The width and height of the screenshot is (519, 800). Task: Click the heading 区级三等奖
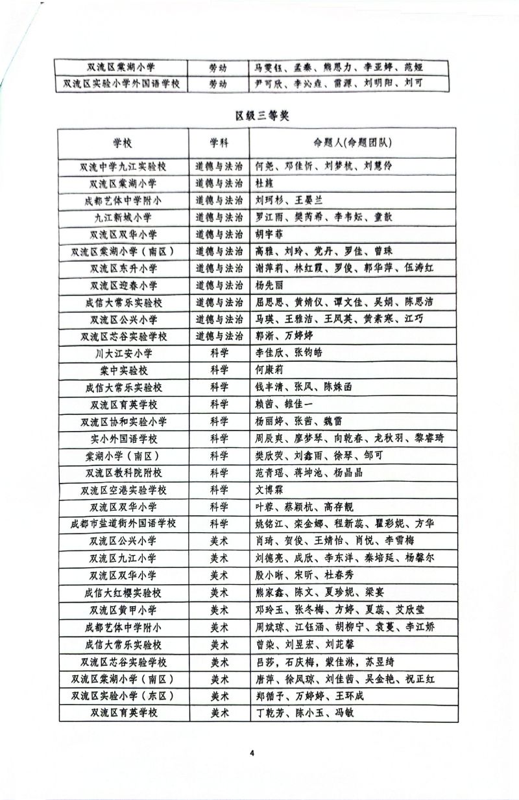261,116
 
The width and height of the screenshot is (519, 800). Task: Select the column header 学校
123,143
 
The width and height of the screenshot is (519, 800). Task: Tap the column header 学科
219,143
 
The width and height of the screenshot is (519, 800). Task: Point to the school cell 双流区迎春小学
123,285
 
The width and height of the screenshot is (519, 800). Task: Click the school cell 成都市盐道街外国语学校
123,523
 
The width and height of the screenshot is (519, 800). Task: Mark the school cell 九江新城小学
123,217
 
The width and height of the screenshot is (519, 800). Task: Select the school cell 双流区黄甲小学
123,610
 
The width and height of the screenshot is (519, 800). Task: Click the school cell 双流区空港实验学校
123,489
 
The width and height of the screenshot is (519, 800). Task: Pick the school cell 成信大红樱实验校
123,593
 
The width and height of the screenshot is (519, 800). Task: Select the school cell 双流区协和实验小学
123,421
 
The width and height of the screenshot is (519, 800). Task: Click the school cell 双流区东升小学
123,268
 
